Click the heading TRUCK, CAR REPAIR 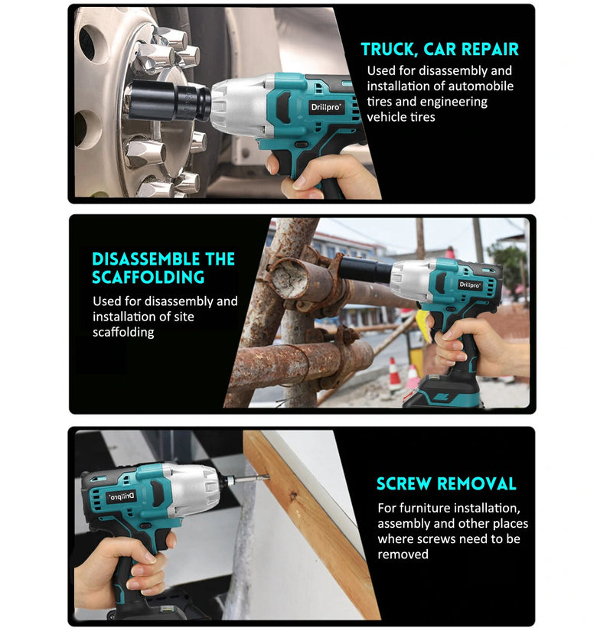(439, 49)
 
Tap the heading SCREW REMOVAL (446, 483)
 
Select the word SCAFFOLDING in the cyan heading (148, 278)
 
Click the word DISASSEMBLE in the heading (146, 259)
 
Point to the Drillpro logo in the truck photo (326, 107)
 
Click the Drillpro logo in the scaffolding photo (470, 285)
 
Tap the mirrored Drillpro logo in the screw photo (121, 496)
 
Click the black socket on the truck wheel (169, 99)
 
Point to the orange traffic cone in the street (394, 375)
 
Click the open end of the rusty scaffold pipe (286, 278)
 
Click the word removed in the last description (403, 555)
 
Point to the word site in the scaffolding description (184, 317)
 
